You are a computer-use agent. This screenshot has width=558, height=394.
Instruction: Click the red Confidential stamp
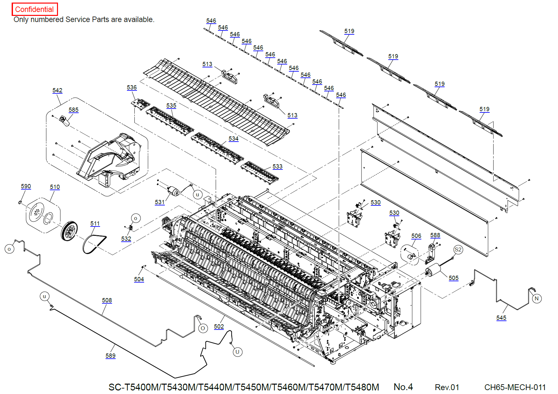pos(35,9)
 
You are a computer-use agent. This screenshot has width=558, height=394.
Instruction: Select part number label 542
pos(57,90)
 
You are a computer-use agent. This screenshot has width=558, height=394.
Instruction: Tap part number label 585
pos(74,110)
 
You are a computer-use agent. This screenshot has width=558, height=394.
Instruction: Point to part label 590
pos(26,186)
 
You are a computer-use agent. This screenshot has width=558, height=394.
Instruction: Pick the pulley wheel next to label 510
pos(69,231)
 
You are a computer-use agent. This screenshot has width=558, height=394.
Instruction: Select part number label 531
pos(160,202)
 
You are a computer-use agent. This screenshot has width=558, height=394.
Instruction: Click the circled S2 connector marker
pos(458,249)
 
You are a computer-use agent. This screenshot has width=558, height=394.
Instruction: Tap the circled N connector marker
pos(537,298)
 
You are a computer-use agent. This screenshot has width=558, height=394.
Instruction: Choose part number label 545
pos(501,318)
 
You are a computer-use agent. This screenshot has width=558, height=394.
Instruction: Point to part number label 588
pos(435,235)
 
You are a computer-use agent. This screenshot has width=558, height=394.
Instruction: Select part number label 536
pos(132,87)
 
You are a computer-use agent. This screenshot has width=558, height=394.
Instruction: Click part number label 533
pos(278,167)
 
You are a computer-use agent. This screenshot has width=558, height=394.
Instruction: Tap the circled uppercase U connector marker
pos(237,352)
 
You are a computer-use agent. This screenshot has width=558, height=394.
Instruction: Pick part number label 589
pos(110,356)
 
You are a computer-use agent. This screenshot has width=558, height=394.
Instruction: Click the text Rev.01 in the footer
pos(447,387)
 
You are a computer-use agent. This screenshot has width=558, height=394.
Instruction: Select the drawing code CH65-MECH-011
pos(515,387)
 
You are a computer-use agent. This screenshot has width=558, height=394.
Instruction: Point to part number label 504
pos(139,279)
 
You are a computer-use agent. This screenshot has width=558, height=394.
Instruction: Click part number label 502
pos(219,327)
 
